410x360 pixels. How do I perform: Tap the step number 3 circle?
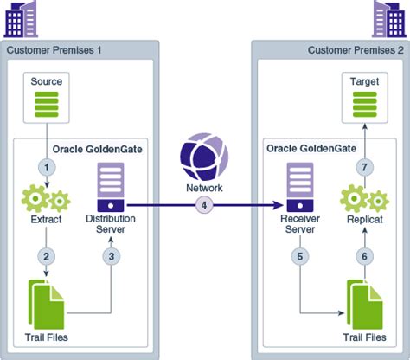[x=111, y=256]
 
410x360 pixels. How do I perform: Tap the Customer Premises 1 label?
[x=54, y=49]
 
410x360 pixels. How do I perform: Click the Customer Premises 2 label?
[x=355, y=49]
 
